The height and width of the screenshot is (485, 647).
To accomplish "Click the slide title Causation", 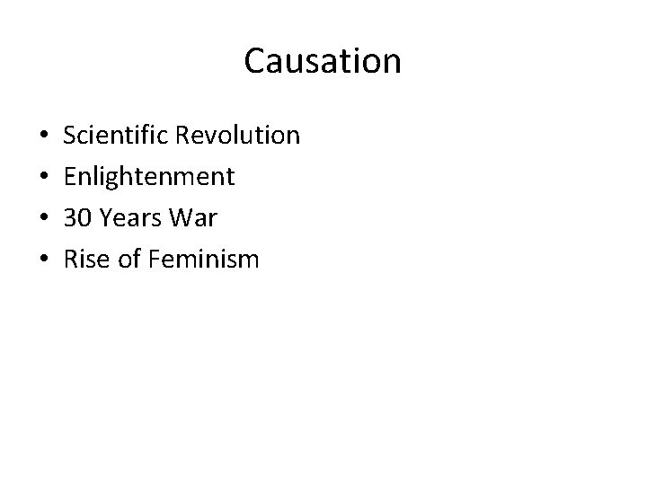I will click(x=323, y=61).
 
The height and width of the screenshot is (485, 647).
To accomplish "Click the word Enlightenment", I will click(x=149, y=177).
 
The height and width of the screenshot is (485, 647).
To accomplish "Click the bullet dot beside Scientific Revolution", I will click(x=33, y=137).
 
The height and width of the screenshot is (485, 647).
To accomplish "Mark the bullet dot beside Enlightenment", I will click(x=33, y=179).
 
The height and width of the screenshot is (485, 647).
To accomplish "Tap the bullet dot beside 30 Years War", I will click(x=33, y=220).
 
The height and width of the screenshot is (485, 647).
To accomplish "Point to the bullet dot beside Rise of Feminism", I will click(x=33, y=261).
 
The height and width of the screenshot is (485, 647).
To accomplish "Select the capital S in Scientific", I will click(x=70, y=136).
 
